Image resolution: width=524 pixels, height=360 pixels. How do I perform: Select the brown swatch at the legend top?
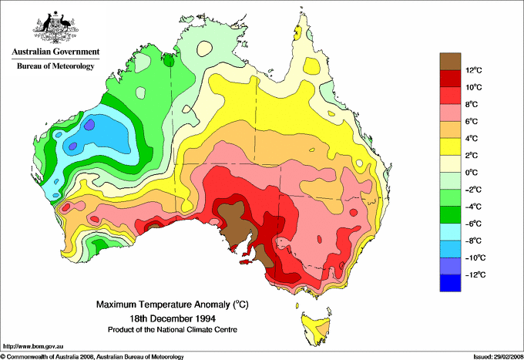[451, 61]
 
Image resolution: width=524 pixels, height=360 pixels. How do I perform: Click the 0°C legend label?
[475, 173]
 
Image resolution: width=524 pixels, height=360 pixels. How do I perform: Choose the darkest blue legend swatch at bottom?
[451, 284]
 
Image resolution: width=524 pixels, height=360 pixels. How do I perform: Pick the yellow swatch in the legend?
[451, 146]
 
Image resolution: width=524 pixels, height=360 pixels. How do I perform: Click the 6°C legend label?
[475, 122]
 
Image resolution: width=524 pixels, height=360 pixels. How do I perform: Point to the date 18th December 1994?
[176, 318]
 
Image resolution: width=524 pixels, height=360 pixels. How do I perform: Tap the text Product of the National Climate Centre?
[176, 329]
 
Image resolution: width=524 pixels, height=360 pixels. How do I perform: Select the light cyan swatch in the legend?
[451, 232]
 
